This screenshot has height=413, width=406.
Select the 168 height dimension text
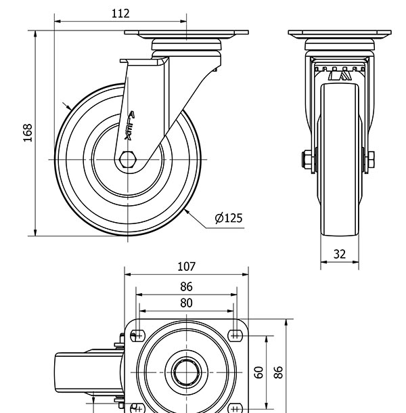pyautogui.click(x=28, y=133)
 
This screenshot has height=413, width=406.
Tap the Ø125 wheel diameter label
pyautogui.click(x=228, y=217)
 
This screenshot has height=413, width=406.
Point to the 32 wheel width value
pyautogui.click(x=340, y=255)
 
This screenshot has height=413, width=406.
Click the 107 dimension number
pyautogui.click(x=186, y=266)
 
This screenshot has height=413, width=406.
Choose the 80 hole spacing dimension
pyautogui.click(x=186, y=303)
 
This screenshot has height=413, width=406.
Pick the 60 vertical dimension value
pyautogui.click(x=258, y=372)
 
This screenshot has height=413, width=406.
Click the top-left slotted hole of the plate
pyautogui.click(x=138, y=334)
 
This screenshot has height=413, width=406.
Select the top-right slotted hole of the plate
pyautogui.click(x=235, y=334)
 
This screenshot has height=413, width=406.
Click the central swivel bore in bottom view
pyautogui.click(x=186, y=372)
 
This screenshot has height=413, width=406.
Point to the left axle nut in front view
pyautogui.click(x=306, y=160)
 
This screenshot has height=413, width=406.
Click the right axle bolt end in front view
pyautogui.click(x=371, y=160)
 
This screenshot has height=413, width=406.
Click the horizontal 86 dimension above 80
pyautogui.click(x=186, y=287)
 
